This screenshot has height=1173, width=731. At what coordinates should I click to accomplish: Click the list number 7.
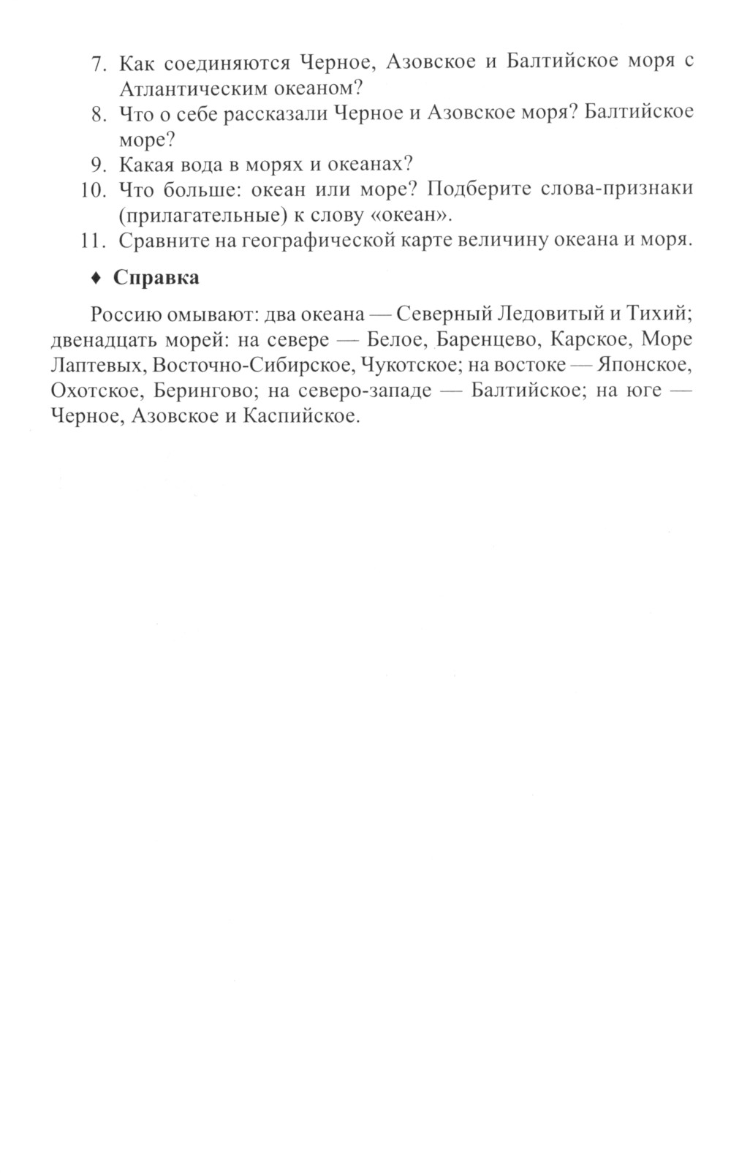click(98, 64)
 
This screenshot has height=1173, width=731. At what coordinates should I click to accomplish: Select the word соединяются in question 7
click(222, 63)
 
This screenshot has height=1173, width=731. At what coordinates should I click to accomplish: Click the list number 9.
click(98, 163)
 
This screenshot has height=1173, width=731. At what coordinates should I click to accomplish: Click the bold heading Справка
click(156, 278)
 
